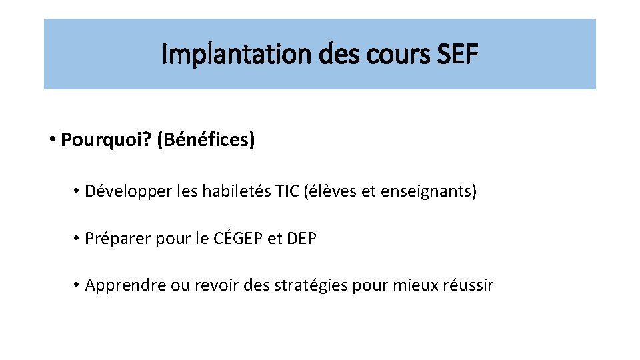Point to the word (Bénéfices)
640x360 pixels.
(206, 141)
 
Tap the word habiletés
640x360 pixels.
(235, 193)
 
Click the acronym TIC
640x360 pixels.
(287, 193)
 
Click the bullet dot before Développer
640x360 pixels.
(77, 193)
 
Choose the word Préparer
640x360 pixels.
(117, 239)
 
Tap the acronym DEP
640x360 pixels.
(301, 239)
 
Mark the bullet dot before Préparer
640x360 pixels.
(77, 239)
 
